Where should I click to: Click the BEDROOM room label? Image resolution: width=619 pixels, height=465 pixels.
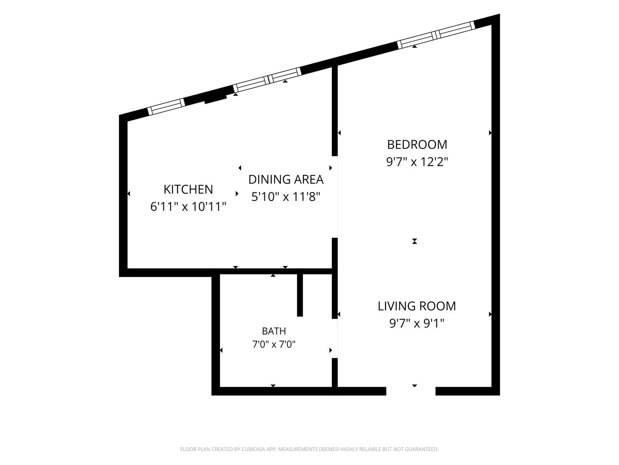[417, 145]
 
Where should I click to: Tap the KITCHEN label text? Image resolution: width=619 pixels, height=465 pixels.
[188, 189]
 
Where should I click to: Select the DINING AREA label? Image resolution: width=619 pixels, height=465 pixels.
[286, 180]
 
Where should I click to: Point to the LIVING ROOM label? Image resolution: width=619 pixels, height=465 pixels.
[417, 306]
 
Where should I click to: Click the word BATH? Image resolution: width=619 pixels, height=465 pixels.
[274, 331]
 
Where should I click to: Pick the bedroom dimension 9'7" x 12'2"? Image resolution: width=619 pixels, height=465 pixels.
[417, 162]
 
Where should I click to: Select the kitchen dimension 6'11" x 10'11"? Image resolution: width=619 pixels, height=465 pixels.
[188, 207]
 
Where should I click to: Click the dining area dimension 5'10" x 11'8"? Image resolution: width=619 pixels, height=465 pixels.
[286, 197]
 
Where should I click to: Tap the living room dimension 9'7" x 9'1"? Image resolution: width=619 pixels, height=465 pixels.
[417, 323]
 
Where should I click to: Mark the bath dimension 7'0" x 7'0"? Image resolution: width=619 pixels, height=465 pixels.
[274, 344]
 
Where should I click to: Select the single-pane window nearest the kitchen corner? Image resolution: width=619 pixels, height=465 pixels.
[166, 107]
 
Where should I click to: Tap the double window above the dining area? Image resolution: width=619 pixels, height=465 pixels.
[267, 80]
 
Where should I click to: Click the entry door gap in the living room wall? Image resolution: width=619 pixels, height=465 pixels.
[411, 391]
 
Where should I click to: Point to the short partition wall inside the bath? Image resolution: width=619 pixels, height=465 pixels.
[300, 295]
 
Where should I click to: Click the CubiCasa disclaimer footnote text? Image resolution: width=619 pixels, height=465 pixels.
[309, 449]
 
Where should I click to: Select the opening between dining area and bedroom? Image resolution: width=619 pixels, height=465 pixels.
[335, 197]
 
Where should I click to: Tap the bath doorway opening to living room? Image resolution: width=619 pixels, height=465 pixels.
[335, 338]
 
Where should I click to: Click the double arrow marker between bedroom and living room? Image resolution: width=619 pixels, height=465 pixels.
[414, 241]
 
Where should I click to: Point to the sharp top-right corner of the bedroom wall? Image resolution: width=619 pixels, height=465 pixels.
[499, 14]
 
